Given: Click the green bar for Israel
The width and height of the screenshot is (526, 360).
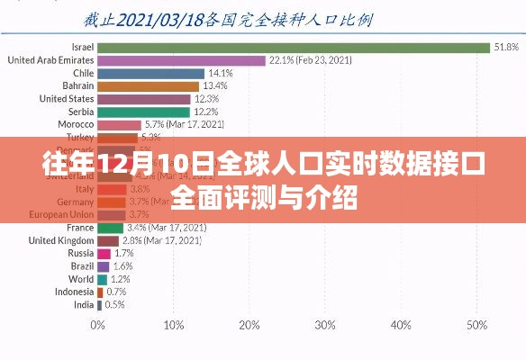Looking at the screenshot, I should coord(293,47).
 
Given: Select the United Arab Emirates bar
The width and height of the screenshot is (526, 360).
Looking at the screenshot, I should coord(180,60).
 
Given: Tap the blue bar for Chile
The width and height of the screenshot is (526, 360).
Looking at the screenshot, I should coord(150,73).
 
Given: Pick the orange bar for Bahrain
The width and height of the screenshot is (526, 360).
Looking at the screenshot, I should coord(148,86).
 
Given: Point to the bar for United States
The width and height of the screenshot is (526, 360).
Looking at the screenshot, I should coord(143,99).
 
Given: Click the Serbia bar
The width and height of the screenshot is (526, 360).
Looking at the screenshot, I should coord(142,112).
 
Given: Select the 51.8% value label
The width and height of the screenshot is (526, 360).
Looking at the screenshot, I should coord(504,47).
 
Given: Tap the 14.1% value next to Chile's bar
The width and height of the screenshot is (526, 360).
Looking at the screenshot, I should coord(221,73).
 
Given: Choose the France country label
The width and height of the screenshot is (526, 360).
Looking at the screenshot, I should coord(80,228).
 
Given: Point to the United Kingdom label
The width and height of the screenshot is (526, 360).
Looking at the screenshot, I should coord(61,240).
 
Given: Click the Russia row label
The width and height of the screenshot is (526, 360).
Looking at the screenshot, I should coord(81,254).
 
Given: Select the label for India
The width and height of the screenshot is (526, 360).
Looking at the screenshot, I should coord(83,305).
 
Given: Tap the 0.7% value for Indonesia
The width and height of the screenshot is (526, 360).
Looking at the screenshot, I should coord(116,292).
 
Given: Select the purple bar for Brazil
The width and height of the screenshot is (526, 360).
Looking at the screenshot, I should coord(103,266).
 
